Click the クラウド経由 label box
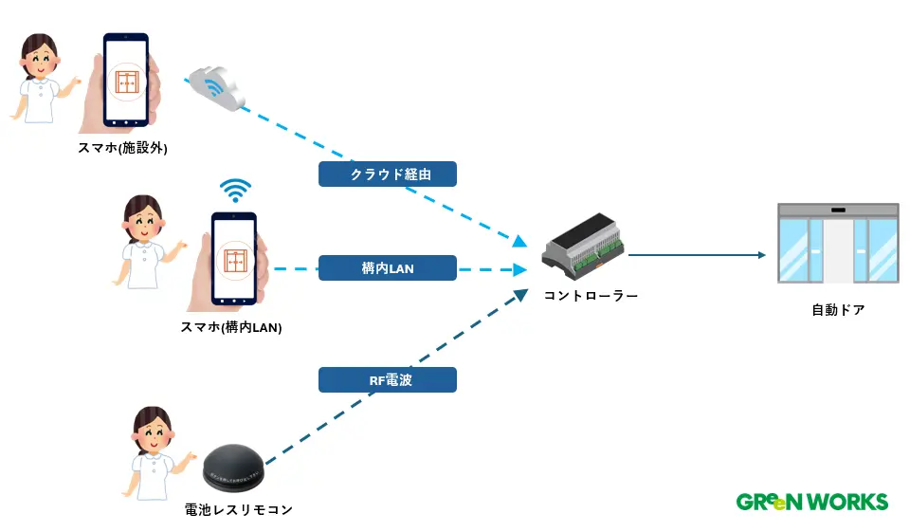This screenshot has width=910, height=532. point(388,174)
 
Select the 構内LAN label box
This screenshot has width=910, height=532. point(388,268)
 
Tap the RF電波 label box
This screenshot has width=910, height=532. point(388,380)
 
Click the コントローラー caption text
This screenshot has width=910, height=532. point(591,296)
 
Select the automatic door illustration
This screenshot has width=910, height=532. point(837,243)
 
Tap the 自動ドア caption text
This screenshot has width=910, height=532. point(838,309)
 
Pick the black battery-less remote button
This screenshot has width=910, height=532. point(237,469)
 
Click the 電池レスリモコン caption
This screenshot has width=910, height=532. point(239,509)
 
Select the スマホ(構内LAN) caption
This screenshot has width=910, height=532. point(231,327)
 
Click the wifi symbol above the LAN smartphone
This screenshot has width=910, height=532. point(235,190)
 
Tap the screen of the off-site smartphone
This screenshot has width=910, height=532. point(127,80)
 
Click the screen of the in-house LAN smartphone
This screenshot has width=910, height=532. point(234,257)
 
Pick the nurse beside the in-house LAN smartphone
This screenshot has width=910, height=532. point(145,241)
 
